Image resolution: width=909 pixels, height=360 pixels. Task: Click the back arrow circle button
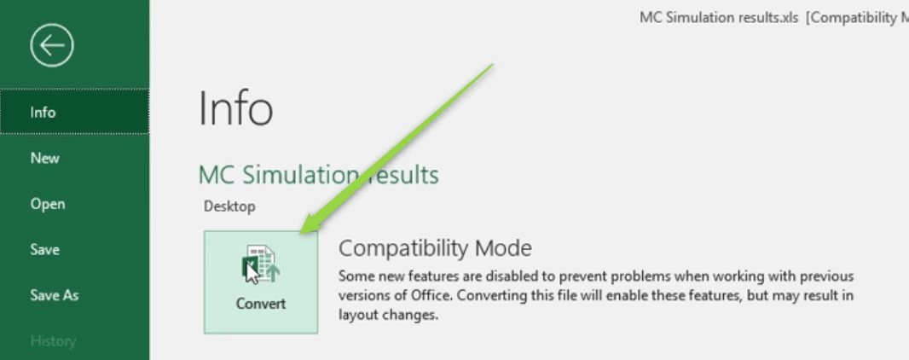tap(52, 44)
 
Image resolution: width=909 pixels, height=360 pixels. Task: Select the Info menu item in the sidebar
tap(43, 113)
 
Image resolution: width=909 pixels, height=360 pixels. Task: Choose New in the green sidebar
tap(44, 159)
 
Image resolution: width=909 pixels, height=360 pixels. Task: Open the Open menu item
tap(48, 204)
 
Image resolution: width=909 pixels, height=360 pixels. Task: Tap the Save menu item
tap(44, 250)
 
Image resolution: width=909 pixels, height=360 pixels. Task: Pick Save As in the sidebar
tap(54, 296)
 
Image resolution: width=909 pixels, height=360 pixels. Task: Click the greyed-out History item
tap(53, 341)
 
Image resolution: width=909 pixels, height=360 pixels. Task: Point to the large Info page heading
tap(235, 108)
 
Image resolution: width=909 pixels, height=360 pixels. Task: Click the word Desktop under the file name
tap(229, 206)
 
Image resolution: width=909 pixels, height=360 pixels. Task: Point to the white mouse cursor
tap(252, 272)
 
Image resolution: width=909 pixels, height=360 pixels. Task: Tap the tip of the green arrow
tap(302, 234)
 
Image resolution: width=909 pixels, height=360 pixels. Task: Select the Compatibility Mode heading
tap(435, 248)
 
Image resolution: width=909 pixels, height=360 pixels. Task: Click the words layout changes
tap(388, 316)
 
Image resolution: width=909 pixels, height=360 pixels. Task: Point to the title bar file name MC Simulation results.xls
tap(720, 18)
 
